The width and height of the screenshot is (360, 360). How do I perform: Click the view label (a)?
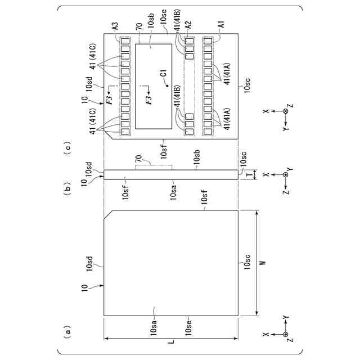coord(68,332)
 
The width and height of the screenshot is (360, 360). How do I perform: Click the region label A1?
coord(220,25)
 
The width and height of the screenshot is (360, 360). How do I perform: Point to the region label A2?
coord(188,25)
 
